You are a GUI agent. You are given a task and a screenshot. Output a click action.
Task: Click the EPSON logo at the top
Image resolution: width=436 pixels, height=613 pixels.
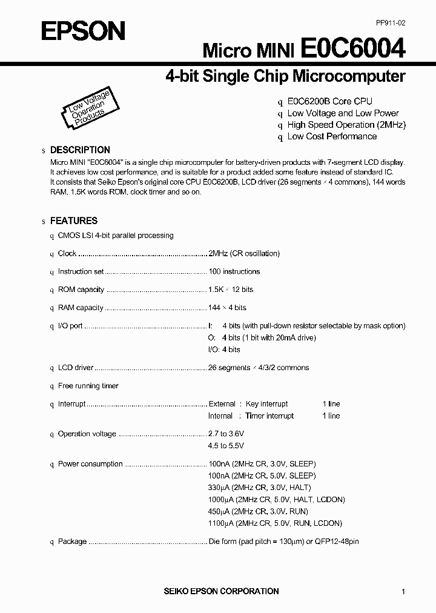click(x=82, y=30)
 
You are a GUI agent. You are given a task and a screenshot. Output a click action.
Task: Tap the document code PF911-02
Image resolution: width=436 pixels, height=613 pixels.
click(x=391, y=22)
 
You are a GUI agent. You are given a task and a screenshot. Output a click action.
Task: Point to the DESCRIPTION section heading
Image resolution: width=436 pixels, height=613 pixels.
click(x=80, y=150)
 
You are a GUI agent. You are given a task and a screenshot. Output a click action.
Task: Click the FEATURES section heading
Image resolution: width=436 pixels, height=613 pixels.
click(x=73, y=221)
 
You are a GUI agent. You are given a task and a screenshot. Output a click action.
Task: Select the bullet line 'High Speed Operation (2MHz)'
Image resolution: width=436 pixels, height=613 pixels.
click(x=346, y=125)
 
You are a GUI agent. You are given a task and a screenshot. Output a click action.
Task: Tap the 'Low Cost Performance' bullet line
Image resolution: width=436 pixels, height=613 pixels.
click(x=332, y=136)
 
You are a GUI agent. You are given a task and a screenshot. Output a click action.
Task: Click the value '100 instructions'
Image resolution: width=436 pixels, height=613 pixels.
click(x=234, y=271)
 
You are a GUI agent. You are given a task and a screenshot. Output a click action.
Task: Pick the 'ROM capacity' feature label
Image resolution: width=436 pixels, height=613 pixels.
click(x=81, y=290)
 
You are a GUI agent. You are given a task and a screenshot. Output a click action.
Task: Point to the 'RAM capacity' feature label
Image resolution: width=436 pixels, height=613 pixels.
click(x=81, y=308)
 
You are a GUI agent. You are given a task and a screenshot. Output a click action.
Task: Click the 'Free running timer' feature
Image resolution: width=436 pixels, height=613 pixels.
click(x=88, y=386)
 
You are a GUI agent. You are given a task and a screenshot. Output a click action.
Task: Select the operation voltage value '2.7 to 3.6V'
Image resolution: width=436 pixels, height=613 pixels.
click(x=226, y=434)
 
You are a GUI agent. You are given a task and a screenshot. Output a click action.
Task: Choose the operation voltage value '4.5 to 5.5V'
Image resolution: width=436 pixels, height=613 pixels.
click(x=226, y=446)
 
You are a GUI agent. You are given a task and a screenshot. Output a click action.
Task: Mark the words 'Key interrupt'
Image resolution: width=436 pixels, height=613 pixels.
click(x=266, y=404)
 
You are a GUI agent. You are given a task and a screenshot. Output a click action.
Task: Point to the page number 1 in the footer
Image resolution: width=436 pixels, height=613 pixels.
click(x=403, y=592)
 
